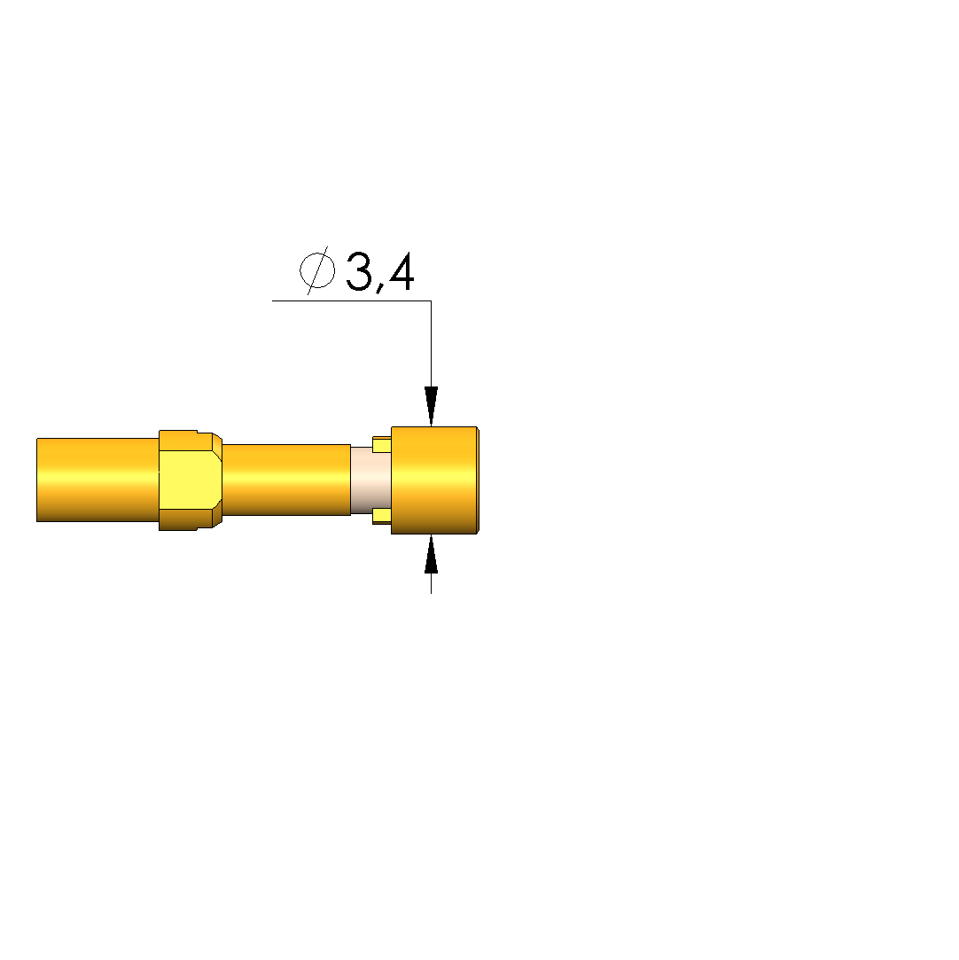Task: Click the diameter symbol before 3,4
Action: click(317, 270)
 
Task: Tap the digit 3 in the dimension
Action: click(359, 271)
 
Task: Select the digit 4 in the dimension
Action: click(401, 271)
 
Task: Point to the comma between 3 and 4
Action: click(379, 286)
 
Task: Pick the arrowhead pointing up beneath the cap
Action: click(431, 553)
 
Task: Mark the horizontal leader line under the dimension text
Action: click(351, 300)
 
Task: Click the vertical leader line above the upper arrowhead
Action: click(431, 343)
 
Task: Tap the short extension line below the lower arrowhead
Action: click(431, 583)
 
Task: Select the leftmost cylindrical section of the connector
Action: click(97, 480)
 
